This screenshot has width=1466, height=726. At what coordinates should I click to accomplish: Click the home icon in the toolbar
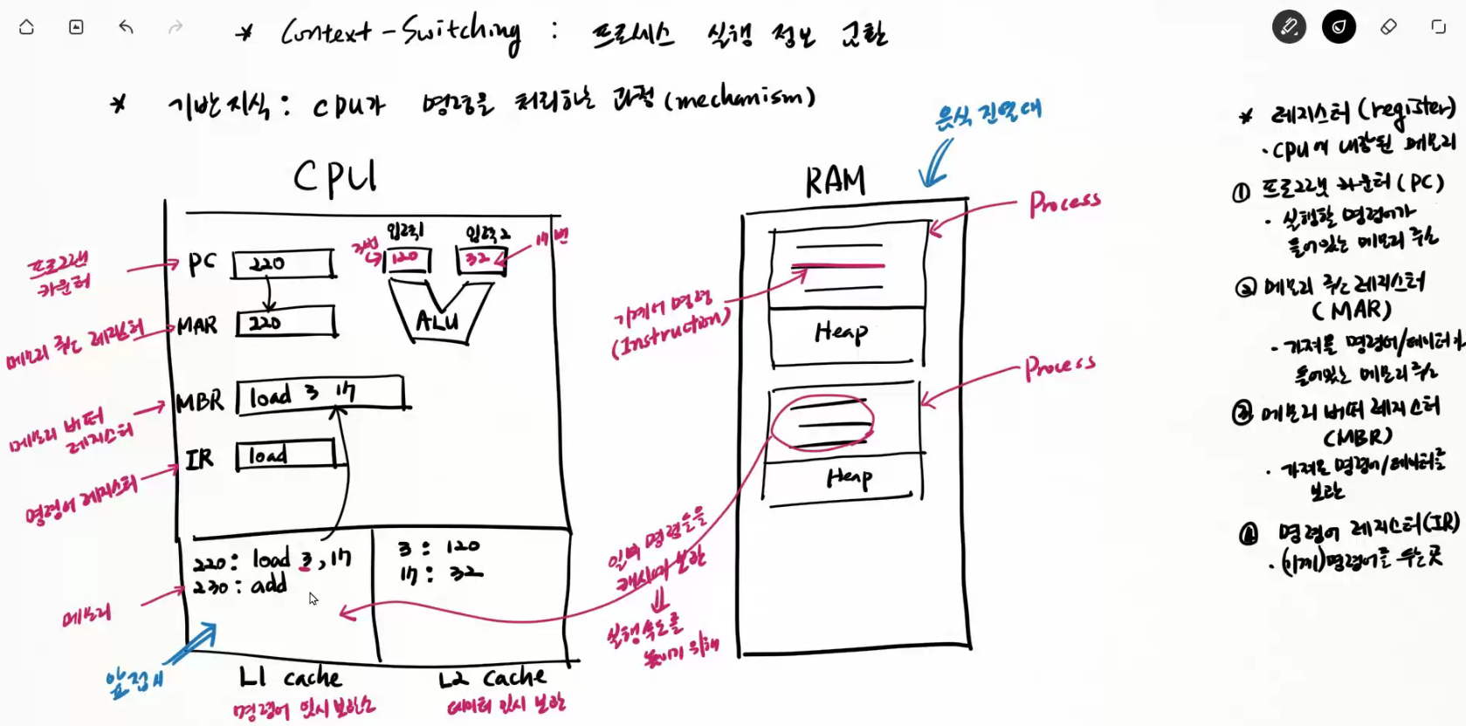(26, 27)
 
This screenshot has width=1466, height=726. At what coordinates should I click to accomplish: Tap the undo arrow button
(126, 27)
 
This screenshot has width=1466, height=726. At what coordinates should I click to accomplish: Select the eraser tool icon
(1388, 27)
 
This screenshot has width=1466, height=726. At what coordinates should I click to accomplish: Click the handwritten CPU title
(334, 177)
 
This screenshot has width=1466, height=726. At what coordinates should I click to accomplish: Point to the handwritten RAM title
(835, 181)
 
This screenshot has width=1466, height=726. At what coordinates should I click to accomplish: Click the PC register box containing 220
(283, 264)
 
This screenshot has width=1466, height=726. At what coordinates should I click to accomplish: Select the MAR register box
(286, 322)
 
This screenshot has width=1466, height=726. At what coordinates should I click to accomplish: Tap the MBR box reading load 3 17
(320, 394)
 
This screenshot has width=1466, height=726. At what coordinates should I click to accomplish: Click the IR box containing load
(285, 455)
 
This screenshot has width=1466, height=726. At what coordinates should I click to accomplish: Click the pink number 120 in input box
(404, 258)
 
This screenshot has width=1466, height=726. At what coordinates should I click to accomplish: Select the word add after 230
(269, 585)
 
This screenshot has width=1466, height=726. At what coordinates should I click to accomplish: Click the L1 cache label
(290, 677)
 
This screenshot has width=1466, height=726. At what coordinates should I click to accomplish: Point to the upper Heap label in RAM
(841, 332)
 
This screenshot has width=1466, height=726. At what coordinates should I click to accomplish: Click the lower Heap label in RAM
(849, 476)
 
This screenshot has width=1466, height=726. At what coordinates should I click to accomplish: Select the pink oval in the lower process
(822, 422)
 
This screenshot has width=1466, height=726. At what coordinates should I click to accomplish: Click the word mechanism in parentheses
(740, 98)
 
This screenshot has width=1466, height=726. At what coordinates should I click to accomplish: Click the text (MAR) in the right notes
(1351, 310)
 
